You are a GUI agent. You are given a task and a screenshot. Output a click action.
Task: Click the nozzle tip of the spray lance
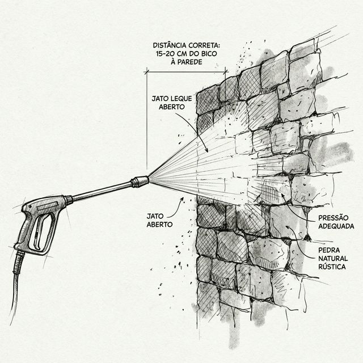[x=141, y=181]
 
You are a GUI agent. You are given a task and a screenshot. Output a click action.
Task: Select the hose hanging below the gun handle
[x=16, y=289]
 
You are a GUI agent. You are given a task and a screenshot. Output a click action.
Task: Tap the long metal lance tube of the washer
[x=102, y=191]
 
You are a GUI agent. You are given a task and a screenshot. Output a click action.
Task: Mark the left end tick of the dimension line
[x=146, y=71]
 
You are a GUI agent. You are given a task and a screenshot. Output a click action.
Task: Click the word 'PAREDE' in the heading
[x=190, y=61]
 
